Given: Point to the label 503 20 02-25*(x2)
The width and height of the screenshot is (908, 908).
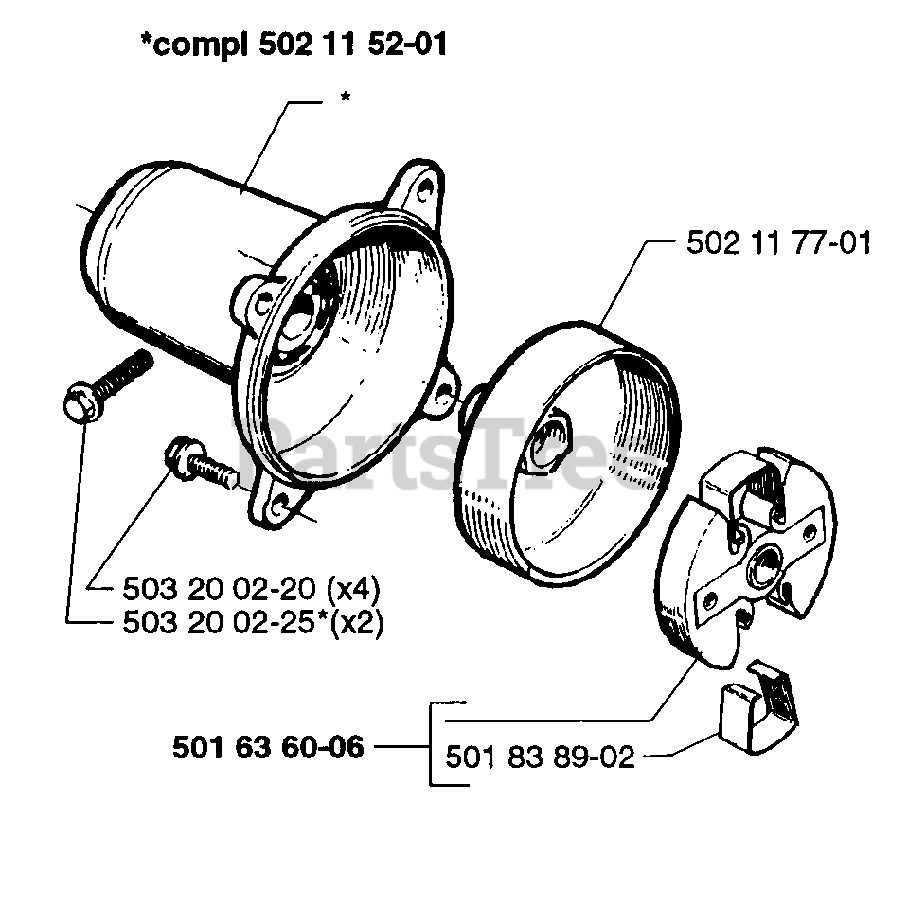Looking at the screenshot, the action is pyautogui.click(x=253, y=623).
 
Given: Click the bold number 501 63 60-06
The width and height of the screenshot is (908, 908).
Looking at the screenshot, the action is pyautogui.click(x=268, y=747).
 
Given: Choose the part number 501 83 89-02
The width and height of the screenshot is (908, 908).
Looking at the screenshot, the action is pyautogui.click(x=540, y=757).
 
